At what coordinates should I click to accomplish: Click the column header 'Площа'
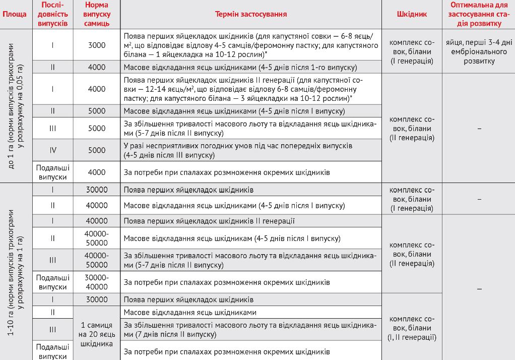(15, 14)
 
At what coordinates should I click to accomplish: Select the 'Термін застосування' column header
(251, 14)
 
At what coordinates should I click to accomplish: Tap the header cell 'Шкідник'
(412, 14)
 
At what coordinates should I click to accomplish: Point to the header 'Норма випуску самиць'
(96, 14)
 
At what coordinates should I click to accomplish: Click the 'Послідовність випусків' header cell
(53, 14)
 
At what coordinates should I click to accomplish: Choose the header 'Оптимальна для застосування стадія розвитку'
(478, 14)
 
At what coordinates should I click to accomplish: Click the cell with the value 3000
(96, 45)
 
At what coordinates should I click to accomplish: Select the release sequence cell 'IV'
(53, 150)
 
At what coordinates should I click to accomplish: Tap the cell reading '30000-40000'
(96, 282)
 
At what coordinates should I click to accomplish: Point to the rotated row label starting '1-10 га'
(15, 271)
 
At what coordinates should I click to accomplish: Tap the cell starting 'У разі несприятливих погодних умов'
(251, 150)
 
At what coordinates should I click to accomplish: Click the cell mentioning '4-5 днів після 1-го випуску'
(251, 67)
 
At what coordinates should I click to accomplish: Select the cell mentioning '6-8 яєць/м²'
(251, 45)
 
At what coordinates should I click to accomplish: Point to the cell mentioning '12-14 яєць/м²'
(251, 89)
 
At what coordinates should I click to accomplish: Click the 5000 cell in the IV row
(96, 150)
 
